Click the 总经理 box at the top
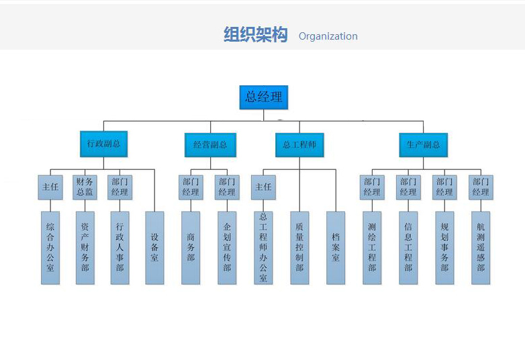tap(263, 97)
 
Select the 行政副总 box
tap(103, 144)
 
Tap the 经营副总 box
tap(210, 144)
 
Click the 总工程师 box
tap(299, 144)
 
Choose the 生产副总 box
tap(423, 144)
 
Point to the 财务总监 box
tap(85, 187)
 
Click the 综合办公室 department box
tap(50, 248)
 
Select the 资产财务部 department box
tap(85, 248)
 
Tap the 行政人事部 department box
tap(120, 248)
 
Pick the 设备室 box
tap(154, 248)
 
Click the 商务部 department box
tap(191, 248)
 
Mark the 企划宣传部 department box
tap(227, 248)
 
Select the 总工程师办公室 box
tap(263, 248)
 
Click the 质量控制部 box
tap(299, 248)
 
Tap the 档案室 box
tap(336, 248)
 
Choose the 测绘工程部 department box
tap(372, 248)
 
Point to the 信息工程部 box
tap(408, 248)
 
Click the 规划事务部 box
tap(444, 248)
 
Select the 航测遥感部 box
tap(481, 248)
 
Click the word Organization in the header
tap(328, 36)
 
